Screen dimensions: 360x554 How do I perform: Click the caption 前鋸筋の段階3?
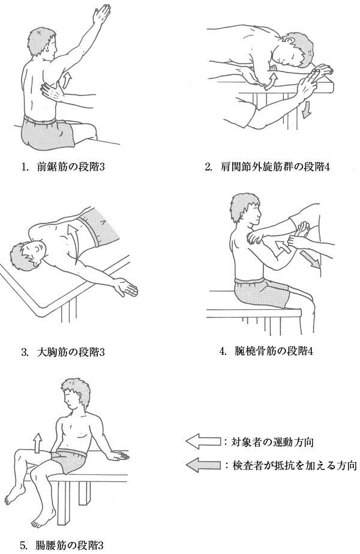click(70, 167)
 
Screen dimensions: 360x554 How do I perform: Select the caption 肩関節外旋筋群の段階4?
click(275, 167)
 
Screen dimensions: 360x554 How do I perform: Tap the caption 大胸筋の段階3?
click(70, 352)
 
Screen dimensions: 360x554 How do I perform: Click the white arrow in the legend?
click(203, 441)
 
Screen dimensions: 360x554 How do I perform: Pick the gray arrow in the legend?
click(203, 465)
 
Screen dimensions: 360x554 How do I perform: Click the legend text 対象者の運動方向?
click(272, 442)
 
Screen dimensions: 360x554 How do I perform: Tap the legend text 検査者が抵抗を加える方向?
click(294, 465)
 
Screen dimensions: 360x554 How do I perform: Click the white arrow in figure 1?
click(67, 80)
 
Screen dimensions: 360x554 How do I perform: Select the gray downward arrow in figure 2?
click(307, 109)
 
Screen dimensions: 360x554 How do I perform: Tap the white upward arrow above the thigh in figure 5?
click(37, 443)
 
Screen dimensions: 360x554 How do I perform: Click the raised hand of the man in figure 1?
click(101, 15)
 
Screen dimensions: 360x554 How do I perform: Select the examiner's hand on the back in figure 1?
click(52, 92)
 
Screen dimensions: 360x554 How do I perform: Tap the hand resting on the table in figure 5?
click(118, 456)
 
